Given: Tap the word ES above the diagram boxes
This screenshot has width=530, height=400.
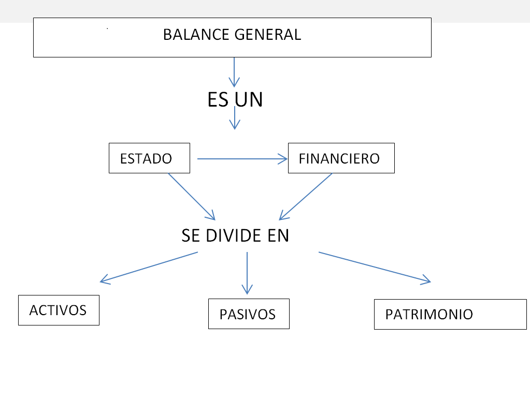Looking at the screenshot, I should point(218,99).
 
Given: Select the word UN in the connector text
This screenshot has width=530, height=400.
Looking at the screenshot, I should point(249,99).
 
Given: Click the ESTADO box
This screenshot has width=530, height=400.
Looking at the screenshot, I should point(149,158).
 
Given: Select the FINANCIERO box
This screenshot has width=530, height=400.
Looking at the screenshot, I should point(341,158).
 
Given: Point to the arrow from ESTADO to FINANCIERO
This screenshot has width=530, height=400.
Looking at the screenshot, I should point(242,159).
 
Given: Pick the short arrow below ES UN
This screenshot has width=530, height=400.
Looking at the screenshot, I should point(235,120).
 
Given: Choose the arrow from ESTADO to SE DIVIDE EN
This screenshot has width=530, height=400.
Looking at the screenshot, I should point(191,196).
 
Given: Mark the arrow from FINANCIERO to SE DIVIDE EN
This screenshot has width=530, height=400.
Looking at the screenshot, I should point(306,197).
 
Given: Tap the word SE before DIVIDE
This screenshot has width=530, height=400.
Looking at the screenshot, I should point(191,235).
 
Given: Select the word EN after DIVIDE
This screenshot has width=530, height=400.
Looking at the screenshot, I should point(278,235).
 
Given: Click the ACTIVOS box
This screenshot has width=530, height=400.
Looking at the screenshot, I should point(59,310).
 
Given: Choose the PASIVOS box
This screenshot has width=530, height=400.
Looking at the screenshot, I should point(249,314).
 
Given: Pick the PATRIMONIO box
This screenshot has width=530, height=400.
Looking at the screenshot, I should point(450,314).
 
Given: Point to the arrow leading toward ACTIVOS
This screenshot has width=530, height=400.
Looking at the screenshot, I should point(149,267).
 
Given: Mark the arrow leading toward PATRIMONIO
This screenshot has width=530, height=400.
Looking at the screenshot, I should point(375,267).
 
